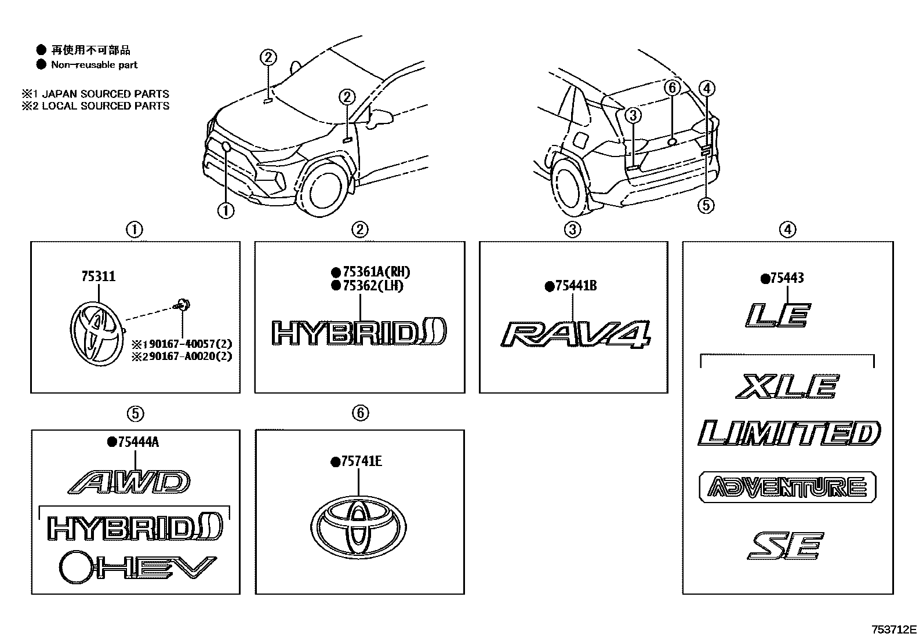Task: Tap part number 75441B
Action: coord(575,286)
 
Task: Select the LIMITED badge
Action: coord(789,433)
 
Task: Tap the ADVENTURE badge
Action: coord(787,487)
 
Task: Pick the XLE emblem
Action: coord(787,387)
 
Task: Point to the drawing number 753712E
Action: coord(893,629)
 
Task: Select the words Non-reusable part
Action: coord(95,65)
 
